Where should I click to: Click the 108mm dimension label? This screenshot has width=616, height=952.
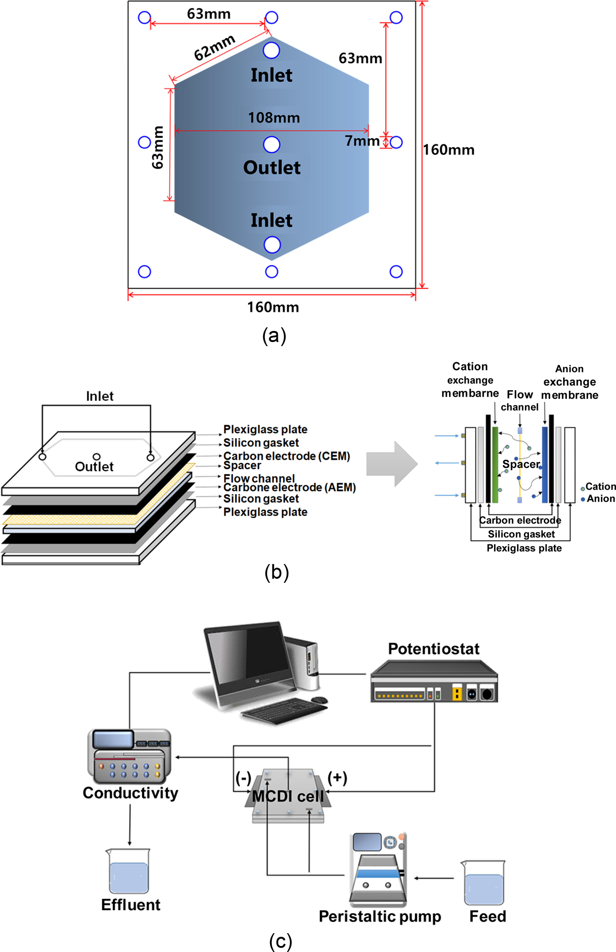[x=274, y=118]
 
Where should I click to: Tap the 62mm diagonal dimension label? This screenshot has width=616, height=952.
[x=214, y=48]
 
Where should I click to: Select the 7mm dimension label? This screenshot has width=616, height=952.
[x=362, y=141]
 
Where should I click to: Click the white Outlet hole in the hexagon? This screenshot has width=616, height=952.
[x=271, y=144]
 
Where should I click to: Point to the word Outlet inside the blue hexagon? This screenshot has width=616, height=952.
[x=272, y=168]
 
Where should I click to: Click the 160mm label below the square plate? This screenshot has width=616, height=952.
[x=273, y=307]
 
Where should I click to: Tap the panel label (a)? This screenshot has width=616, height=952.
[x=274, y=336]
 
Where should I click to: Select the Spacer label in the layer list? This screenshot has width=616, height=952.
[x=242, y=465]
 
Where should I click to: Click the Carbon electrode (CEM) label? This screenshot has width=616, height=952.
[x=287, y=456]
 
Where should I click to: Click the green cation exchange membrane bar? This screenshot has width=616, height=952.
[x=495, y=464]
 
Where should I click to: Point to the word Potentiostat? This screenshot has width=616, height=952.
[x=433, y=649]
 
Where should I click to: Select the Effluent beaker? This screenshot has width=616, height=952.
[x=129, y=871]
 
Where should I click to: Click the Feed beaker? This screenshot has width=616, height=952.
[x=484, y=883]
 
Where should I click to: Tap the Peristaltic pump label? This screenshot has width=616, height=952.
[x=380, y=916]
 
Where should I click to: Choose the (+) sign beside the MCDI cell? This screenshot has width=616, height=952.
[x=337, y=778]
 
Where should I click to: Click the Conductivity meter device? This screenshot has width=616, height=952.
[x=129, y=756]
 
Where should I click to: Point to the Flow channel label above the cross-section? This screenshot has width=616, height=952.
[x=520, y=400]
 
